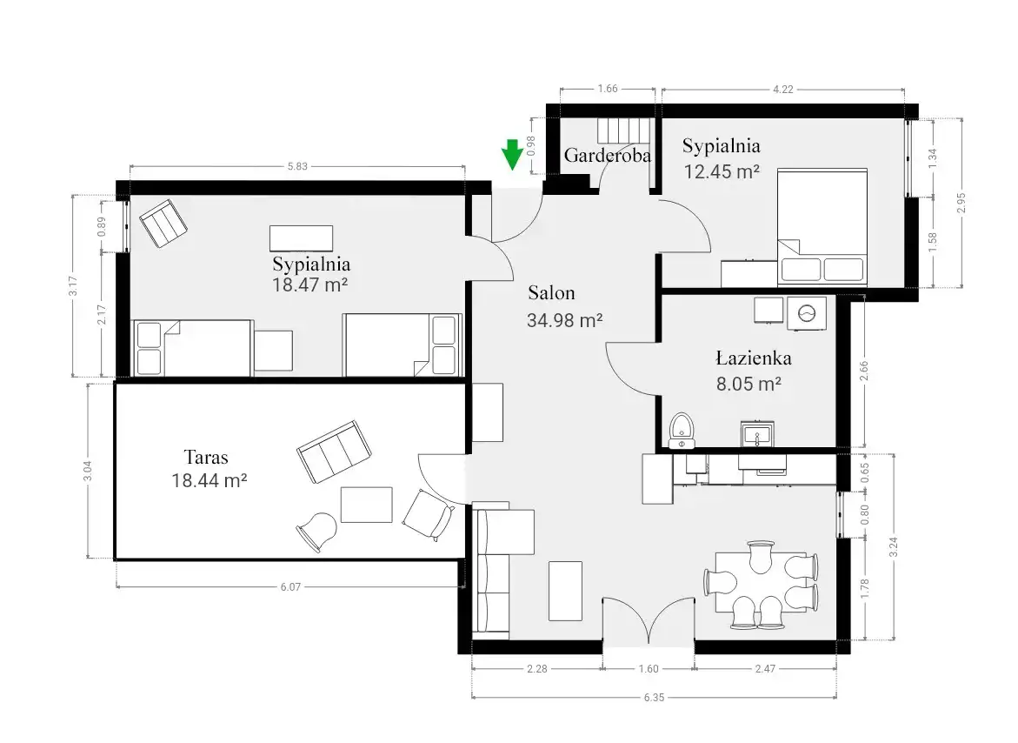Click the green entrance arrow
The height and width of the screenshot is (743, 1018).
[x=512, y=155]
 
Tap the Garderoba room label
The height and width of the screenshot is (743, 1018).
[x=607, y=155]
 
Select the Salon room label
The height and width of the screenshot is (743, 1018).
[x=551, y=293]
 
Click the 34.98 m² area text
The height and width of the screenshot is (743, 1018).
[x=565, y=320]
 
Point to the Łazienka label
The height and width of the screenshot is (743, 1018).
[x=754, y=358]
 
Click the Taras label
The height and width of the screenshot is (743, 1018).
[x=206, y=458]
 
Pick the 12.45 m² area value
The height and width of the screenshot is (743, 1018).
[x=722, y=171]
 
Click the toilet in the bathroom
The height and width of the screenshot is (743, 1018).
[x=682, y=430]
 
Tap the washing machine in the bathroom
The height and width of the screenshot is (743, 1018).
[x=807, y=314]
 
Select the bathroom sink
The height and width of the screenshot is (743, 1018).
[x=757, y=433]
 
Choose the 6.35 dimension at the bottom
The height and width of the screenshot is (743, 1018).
[x=654, y=698]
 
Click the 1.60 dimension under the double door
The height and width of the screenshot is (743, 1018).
[x=648, y=668]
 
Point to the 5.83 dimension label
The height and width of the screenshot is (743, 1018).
[x=297, y=166]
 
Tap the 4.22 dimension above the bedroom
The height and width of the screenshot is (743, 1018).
[x=783, y=89]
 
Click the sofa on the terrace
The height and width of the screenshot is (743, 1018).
[x=335, y=452]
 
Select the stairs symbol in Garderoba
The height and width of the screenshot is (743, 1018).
[x=624, y=131]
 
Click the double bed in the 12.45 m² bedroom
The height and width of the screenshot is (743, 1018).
[x=822, y=227]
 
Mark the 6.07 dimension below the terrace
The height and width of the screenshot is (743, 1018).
[x=290, y=586]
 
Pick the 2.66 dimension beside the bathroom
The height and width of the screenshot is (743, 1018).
[x=863, y=371]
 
